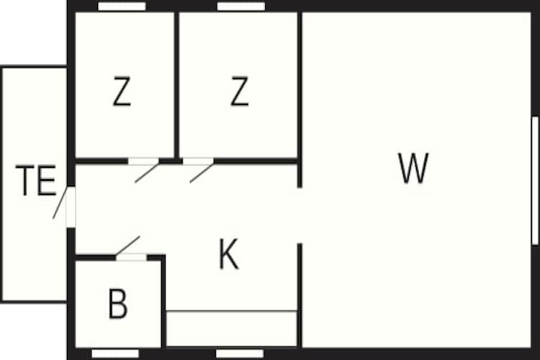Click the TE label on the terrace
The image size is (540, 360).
pyautogui.click(x=36, y=181)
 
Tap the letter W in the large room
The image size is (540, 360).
pyautogui.click(x=413, y=168)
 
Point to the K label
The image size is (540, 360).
pyautogui.click(x=228, y=255)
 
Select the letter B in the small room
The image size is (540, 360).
pyautogui.click(x=117, y=304)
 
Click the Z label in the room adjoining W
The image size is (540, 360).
pyautogui.click(x=239, y=93)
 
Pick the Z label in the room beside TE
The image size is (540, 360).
pyautogui.click(x=122, y=93)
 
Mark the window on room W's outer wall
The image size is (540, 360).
pyautogui.click(x=535, y=180)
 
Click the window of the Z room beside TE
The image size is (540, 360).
pyautogui.click(x=122, y=6)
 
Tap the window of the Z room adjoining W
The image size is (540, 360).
pyautogui.click(x=241, y=6)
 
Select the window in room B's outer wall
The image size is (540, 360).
pyautogui.click(x=115, y=353)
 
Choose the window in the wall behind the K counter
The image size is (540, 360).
pyautogui.click(x=240, y=353)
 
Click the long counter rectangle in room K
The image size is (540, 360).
pyautogui.click(x=232, y=328)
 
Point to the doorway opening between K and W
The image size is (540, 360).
pyautogui.click(x=300, y=215)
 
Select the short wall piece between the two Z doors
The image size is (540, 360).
pyautogui.click(x=171, y=161)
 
